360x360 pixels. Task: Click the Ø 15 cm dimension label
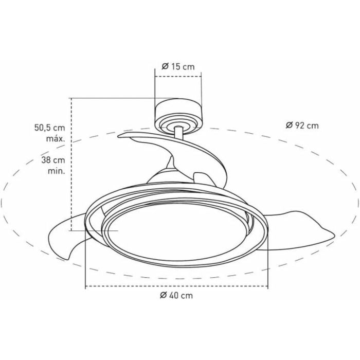click(178, 66)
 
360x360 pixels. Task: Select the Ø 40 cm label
click(176, 295)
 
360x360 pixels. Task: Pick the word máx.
click(54, 138)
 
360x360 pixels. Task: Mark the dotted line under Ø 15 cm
click(178, 77)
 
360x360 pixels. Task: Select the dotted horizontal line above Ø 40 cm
click(176, 285)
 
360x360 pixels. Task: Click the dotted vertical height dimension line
click(72, 165)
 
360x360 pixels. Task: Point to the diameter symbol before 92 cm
click(289, 125)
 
